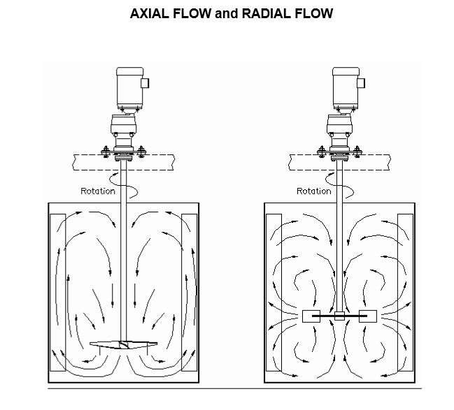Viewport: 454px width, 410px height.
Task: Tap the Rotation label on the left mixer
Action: click(x=98, y=191)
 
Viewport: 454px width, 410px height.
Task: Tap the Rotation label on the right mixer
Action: click(x=314, y=191)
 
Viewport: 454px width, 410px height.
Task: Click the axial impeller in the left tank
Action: click(x=123, y=344)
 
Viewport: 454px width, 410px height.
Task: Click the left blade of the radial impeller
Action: click(x=311, y=316)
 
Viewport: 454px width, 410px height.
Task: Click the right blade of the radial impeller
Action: click(x=368, y=316)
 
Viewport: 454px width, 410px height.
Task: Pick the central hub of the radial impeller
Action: click(x=339, y=316)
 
